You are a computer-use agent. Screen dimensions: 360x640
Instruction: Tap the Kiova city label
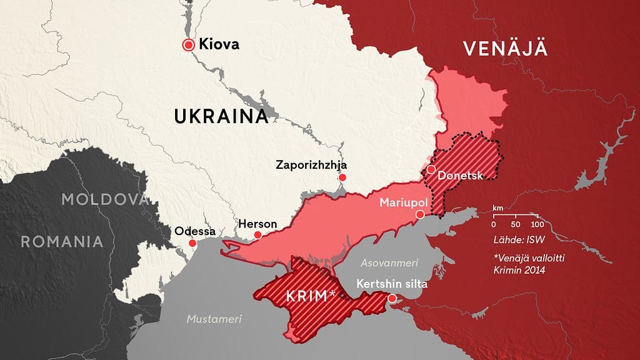[219, 44]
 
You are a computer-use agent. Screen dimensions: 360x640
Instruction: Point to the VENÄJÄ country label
[505, 48]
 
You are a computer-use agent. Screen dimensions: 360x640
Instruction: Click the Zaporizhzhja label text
[311, 165]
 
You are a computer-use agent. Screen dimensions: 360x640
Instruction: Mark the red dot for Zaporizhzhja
[342, 178]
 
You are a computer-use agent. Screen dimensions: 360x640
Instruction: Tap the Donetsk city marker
[431, 169]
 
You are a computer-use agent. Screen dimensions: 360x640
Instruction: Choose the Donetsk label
[461, 176]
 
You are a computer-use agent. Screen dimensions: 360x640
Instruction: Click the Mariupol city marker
[420, 214]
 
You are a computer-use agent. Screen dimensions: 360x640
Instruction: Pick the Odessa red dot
[192, 243]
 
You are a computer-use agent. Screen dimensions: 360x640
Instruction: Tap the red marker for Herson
[257, 235]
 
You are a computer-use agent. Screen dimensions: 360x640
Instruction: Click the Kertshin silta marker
[392, 298]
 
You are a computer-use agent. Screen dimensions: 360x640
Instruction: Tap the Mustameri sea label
[214, 319]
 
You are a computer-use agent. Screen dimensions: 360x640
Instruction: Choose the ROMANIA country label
[62, 241]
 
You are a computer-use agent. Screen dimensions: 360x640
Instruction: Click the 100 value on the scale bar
[536, 224]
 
